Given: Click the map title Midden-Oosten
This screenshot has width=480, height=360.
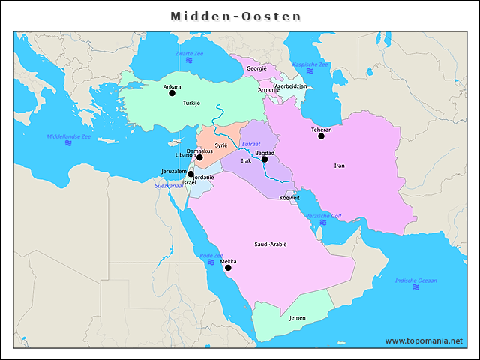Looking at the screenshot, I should click(x=235, y=16).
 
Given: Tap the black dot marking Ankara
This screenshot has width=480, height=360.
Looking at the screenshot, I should click(x=172, y=93).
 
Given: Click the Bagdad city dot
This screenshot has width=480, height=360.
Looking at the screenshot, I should click(x=264, y=159).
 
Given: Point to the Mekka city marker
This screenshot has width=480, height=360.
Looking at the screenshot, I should click(x=228, y=268).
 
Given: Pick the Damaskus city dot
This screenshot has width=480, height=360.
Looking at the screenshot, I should click(x=199, y=157).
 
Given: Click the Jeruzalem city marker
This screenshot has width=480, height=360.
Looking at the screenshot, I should click(x=190, y=174).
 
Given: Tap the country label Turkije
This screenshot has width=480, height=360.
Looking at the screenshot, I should click(x=191, y=103).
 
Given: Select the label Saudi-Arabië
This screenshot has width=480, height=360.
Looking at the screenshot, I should click(x=271, y=244).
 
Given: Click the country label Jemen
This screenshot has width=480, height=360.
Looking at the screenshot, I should click(x=297, y=317).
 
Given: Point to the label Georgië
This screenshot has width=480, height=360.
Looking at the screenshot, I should click(x=256, y=68).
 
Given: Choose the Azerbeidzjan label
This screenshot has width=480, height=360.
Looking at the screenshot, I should click(x=291, y=86).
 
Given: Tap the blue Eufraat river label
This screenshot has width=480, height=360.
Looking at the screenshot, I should click(x=250, y=143).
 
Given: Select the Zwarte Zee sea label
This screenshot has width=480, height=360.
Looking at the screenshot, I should click(x=189, y=54).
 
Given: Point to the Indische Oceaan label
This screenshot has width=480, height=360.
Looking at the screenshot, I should click(x=415, y=280).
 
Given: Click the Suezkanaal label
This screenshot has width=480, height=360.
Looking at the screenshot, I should click(x=169, y=185).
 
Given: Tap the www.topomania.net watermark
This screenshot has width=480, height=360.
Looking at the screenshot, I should click(x=424, y=340).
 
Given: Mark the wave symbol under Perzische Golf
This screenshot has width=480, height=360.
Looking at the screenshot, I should click(x=323, y=222).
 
